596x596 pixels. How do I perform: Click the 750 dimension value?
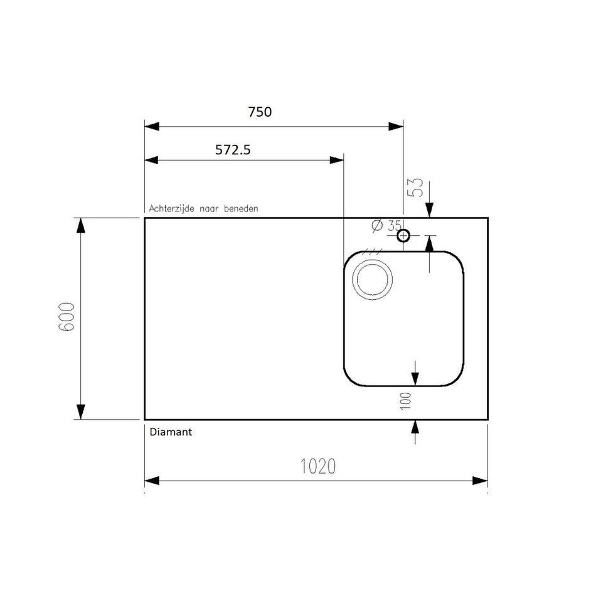point(260,112)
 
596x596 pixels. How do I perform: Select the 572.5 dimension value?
point(233,150)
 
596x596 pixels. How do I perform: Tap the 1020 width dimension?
point(318,466)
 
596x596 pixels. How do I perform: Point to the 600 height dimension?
point(67,317)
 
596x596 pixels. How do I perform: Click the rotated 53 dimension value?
point(415,188)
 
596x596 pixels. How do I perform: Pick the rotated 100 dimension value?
point(406,401)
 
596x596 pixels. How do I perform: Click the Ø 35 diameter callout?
point(386,226)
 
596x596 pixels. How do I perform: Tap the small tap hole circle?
point(403,236)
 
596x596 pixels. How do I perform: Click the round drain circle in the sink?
point(373,280)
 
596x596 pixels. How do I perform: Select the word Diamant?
point(171,432)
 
